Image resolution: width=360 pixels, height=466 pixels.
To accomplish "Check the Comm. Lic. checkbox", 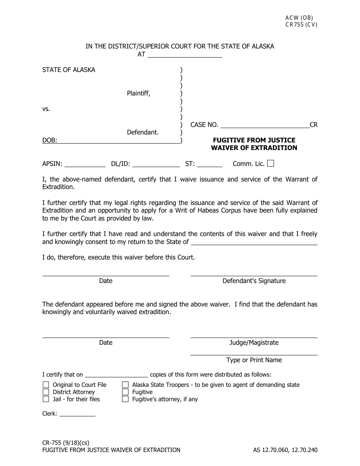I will tap(271, 164).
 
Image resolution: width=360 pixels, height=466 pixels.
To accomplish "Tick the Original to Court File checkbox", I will tap(46, 385).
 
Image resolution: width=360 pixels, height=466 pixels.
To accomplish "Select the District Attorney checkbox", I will tap(46, 392).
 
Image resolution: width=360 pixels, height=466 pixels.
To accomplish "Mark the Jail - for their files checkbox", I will tap(46, 399).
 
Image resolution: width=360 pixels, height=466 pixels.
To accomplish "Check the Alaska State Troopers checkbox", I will tap(125, 385).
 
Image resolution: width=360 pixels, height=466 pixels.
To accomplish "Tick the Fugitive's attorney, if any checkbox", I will tap(125, 399).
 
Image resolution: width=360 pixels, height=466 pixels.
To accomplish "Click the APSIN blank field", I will tap(85, 164).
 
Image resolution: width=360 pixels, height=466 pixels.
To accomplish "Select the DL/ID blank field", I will tap(156, 164).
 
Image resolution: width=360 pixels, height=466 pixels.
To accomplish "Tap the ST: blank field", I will tap(210, 164).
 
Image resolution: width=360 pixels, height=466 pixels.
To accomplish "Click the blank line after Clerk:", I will tap(77, 414).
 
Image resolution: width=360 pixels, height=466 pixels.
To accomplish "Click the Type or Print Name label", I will tap(254, 360).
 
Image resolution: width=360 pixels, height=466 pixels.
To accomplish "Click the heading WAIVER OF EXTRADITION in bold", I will tap(254, 148).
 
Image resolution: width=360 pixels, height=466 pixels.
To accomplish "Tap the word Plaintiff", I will tap(138, 94).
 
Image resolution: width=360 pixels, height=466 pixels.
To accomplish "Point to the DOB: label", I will tap(50, 141).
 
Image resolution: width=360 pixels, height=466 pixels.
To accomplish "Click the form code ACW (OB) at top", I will tap(299, 18).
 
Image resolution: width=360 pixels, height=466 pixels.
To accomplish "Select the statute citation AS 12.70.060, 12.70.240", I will tap(285, 450).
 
